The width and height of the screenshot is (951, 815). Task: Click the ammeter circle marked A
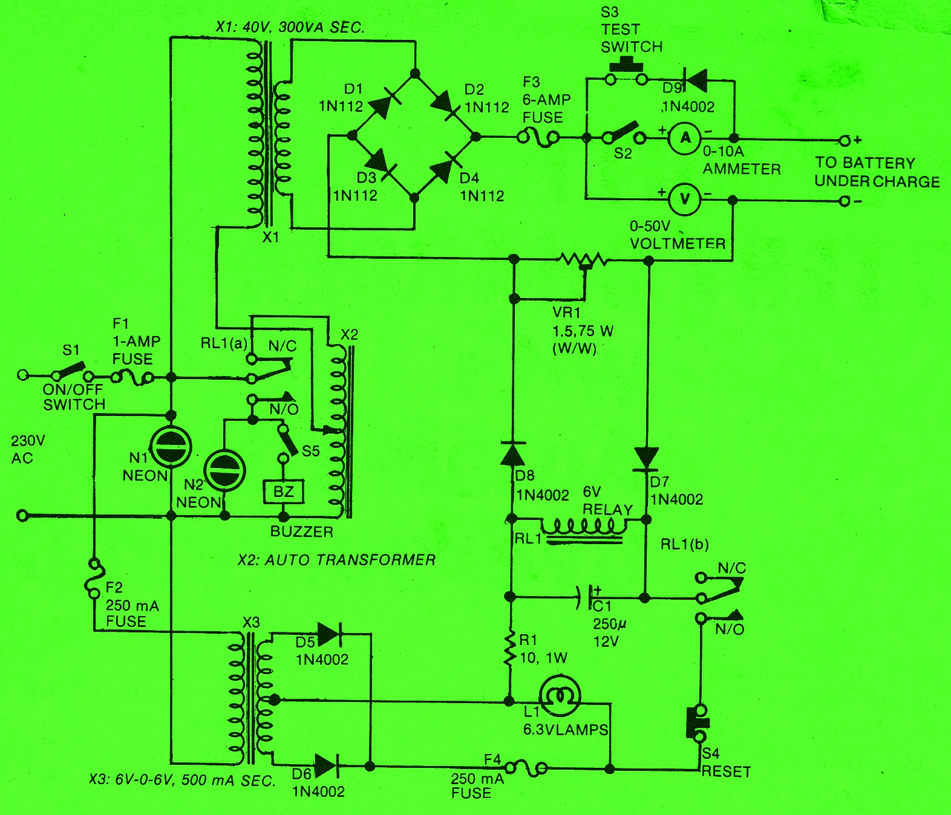tap(685, 138)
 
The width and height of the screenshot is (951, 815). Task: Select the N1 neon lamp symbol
tap(171, 447)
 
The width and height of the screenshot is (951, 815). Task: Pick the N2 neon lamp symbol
tap(224, 470)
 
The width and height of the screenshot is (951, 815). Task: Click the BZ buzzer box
tap(283, 492)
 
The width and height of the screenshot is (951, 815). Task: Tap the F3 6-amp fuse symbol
tap(538, 138)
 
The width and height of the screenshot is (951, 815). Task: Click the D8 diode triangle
tap(513, 452)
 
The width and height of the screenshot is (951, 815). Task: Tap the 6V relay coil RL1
tap(584, 527)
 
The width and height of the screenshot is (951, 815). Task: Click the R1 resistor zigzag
tap(511, 649)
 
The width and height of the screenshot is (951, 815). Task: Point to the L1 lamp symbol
tap(560, 696)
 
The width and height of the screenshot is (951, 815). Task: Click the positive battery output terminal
tap(845, 141)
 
